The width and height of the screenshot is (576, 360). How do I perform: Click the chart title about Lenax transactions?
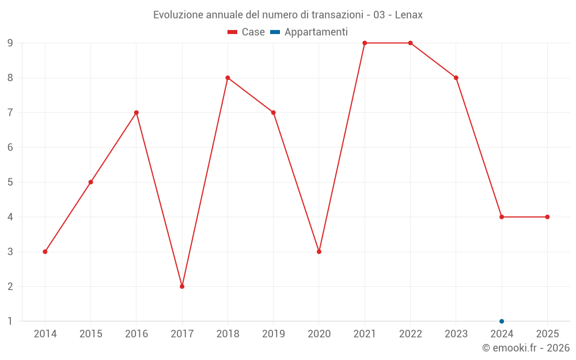tap(287, 14)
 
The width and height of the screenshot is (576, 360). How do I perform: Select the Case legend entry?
tap(247, 32)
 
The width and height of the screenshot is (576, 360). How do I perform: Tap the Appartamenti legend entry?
tap(309, 32)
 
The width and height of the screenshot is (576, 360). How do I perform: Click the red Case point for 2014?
tap(45, 252)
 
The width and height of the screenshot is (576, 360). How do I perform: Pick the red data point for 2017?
tap(182, 286)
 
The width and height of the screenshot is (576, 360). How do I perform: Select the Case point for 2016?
tap(137, 112)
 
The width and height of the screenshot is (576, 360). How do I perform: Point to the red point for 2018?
tap(228, 78)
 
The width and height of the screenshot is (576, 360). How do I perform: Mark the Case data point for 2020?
tap(319, 252)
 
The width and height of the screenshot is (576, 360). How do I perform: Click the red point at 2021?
tap(365, 43)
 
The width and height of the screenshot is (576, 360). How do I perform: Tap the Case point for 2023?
tap(456, 78)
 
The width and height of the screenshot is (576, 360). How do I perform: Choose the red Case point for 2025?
tap(547, 217)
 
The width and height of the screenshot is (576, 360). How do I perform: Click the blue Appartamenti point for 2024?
tap(502, 321)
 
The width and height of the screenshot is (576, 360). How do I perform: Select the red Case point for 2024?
tap(502, 217)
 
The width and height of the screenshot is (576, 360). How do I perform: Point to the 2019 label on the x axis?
tap(273, 334)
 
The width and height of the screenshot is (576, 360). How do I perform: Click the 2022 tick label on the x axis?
tap(410, 334)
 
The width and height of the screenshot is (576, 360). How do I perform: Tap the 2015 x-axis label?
tap(90, 334)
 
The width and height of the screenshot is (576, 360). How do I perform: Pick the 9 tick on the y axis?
tap(10, 43)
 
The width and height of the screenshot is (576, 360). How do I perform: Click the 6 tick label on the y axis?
tap(10, 147)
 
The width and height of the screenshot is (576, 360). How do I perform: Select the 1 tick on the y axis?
tap(10, 321)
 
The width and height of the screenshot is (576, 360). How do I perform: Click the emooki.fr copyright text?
tap(526, 348)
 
